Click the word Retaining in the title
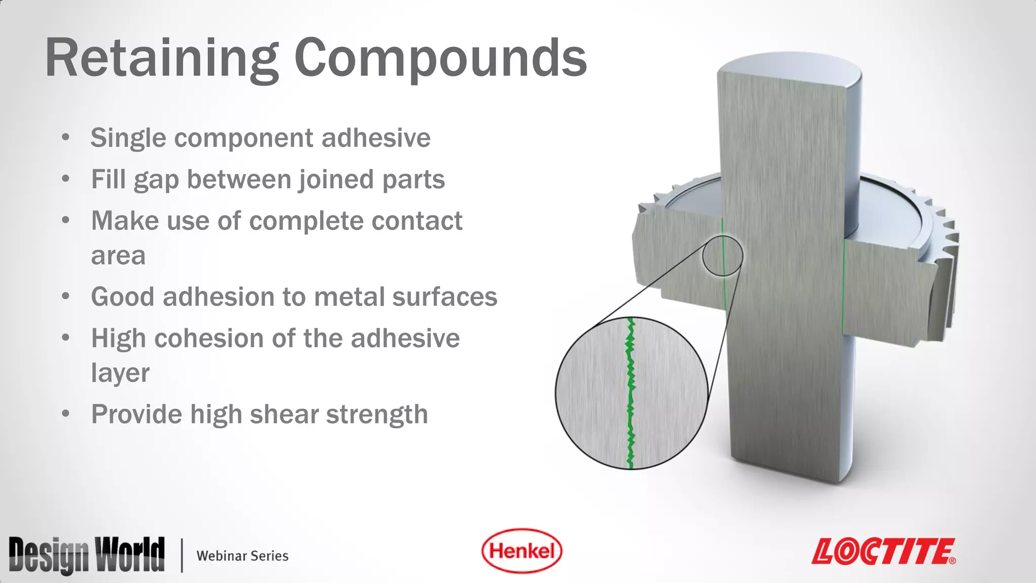(161, 59)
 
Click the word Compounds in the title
(440, 59)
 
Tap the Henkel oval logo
(522, 551)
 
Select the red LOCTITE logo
(884, 551)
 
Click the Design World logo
(87, 555)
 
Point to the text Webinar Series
(242, 556)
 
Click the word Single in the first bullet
(128, 138)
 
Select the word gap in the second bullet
(156, 181)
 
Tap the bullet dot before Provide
(65, 414)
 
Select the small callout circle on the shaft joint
(723, 256)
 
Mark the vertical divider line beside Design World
(182, 555)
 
